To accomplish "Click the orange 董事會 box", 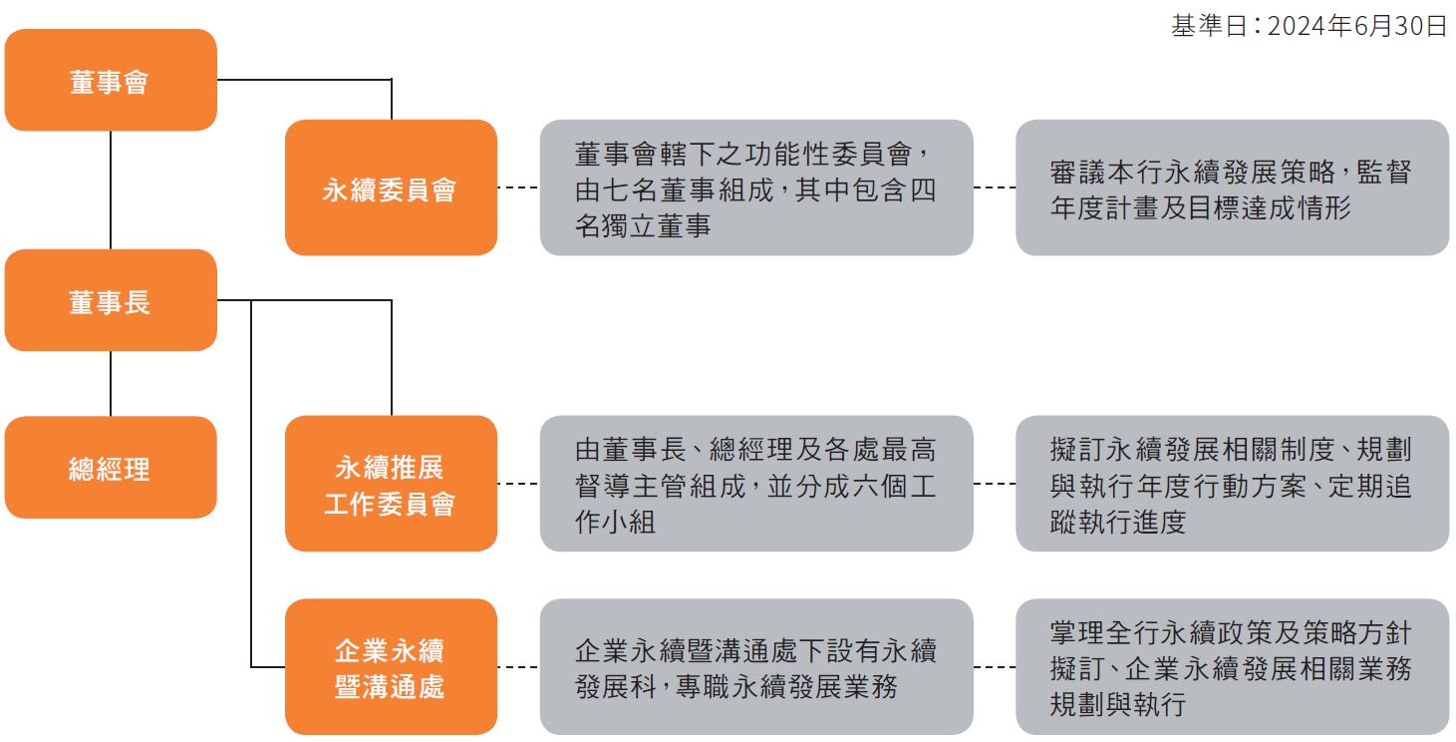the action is click(111, 80).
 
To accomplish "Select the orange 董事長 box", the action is click(111, 300).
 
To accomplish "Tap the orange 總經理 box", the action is click(111, 468).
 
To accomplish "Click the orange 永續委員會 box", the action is click(392, 187).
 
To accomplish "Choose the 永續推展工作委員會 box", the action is click(392, 484).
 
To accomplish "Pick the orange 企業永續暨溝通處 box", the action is click(392, 667).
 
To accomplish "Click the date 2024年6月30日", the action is click(1357, 26).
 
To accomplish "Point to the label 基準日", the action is click(1210, 26).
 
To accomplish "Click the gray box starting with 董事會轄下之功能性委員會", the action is click(756, 187).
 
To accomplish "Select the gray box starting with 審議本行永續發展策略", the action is click(1233, 187).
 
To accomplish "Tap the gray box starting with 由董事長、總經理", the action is click(756, 484).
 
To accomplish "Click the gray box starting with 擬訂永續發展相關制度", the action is click(1233, 484).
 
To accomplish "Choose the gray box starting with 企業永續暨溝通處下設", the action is click(756, 667).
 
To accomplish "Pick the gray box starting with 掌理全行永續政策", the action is click(1233, 667).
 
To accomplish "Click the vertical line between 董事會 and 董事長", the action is click(111, 189).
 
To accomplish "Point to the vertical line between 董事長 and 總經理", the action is click(111, 384).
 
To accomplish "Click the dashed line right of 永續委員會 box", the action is click(518, 187).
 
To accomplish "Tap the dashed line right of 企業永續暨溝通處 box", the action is click(518, 667).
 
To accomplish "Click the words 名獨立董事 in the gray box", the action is click(643, 226).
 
